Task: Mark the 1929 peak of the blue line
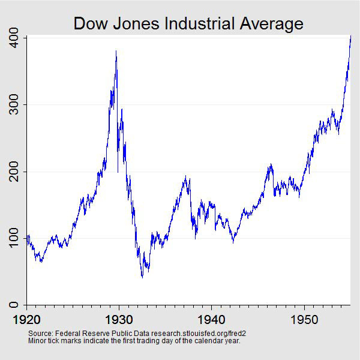point(116,52)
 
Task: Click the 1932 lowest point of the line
point(142,277)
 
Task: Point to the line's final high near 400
point(350,37)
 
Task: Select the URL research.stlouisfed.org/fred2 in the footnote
point(193,333)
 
